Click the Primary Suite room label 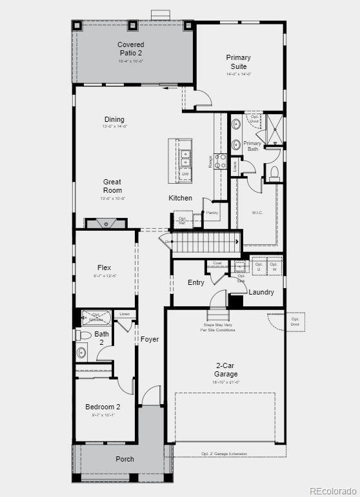[x=238, y=61]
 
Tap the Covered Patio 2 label [x=130, y=48]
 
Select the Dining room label [x=114, y=119]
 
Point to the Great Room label [x=112, y=186]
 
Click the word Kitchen [x=181, y=198]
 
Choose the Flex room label [x=105, y=268]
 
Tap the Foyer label [x=150, y=339]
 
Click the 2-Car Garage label [x=226, y=369]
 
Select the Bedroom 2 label [x=103, y=407]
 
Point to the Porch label [x=125, y=459]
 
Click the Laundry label [x=261, y=292]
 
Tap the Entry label [x=196, y=282]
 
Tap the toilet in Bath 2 [x=82, y=336]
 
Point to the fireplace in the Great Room [x=106, y=224]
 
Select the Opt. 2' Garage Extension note [x=224, y=454]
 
